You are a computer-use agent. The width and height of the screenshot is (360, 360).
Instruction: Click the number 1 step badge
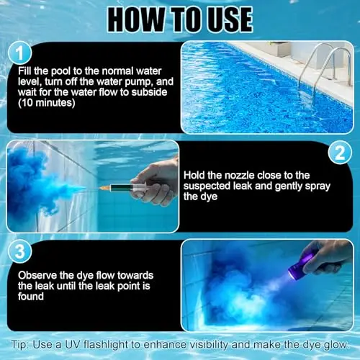click(x=19, y=53)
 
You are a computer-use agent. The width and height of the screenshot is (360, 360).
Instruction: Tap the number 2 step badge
click(x=340, y=153)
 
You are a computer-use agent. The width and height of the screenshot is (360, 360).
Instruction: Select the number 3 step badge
click(x=19, y=251)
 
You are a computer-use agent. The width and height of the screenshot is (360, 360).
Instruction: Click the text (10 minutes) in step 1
click(x=47, y=103)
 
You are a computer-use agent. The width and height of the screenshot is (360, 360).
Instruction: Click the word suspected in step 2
click(x=207, y=186)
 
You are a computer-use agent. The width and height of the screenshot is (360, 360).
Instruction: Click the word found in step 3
click(x=31, y=297)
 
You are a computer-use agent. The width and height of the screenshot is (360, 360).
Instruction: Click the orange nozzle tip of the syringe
click(x=104, y=188)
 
